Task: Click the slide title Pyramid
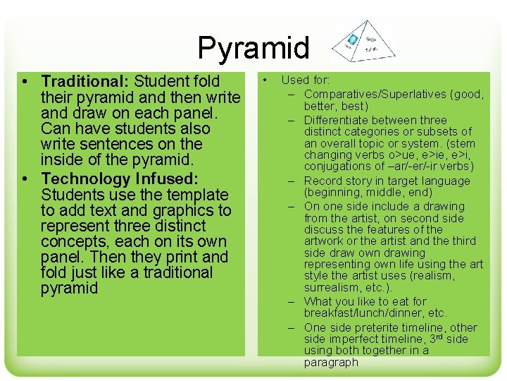pyautogui.click(x=254, y=48)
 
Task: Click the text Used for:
pyautogui.click(x=305, y=81)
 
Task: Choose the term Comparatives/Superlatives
pyautogui.click(x=375, y=94)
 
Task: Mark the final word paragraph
pyautogui.click(x=331, y=362)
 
